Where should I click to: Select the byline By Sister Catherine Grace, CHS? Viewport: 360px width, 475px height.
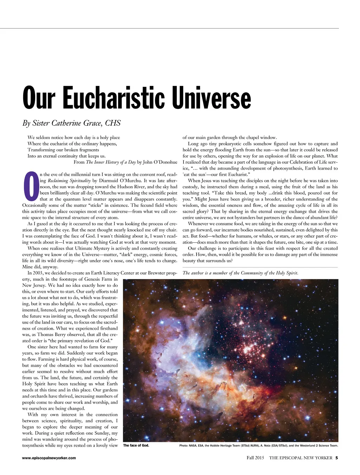(71, 123)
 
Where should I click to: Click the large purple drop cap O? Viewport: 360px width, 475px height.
(31, 186)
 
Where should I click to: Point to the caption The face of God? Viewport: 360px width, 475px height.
(136, 445)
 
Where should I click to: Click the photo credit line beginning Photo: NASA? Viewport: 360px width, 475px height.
(258, 446)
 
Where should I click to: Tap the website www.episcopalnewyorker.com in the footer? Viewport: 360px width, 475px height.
(49, 458)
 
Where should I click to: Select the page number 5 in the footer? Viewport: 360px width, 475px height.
(336, 458)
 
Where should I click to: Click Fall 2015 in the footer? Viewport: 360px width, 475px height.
(255, 458)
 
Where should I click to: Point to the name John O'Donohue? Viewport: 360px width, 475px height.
(160, 162)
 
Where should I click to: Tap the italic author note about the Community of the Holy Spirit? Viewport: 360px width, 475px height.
(240, 273)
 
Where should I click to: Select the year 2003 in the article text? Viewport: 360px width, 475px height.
(40, 273)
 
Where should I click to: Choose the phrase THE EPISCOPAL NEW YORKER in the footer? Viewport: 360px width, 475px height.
(301, 458)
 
